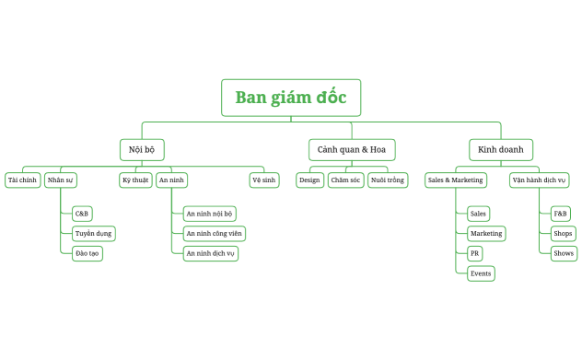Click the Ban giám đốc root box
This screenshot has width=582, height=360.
click(x=290, y=98)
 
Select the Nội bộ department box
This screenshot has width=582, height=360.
click(x=142, y=149)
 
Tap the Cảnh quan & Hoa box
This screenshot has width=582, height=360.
click(x=351, y=149)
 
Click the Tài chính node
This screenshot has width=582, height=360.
click(x=22, y=180)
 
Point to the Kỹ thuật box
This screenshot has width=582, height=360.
click(x=135, y=180)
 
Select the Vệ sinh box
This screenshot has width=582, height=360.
click(x=264, y=180)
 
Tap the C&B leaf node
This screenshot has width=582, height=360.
click(x=83, y=214)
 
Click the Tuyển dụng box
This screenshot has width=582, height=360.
click(x=94, y=234)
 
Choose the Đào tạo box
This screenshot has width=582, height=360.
click(x=87, y=253)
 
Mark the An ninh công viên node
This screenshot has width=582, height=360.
click(x=214, y=234)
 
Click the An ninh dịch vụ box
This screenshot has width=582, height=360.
click(x=211, y=253)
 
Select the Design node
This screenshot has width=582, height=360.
click(x=309, y=180)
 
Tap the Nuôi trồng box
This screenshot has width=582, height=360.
click(x=387, y=180)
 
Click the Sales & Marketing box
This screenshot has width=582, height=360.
click(x=455, y=180)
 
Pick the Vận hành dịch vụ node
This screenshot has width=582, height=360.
click(x=540, y=180)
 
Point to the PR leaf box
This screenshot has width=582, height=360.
click(x=475, y=253)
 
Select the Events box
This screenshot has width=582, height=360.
click(x=481, y=273)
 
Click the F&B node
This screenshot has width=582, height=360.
click(x=561, y=214)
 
